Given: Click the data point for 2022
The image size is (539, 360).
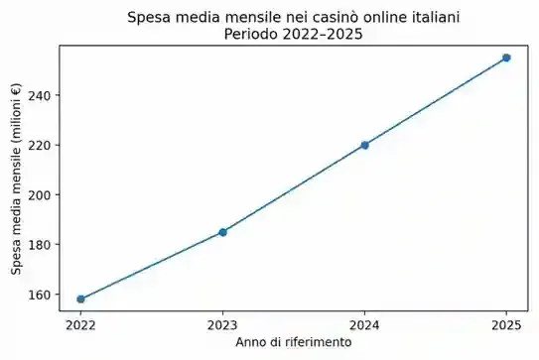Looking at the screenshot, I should tap(80, 299).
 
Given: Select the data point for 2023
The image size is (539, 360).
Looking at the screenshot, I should tap(222, 232).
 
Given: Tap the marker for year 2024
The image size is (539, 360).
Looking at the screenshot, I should tap(364, 145).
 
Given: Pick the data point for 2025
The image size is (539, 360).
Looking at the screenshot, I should tap(506, 58).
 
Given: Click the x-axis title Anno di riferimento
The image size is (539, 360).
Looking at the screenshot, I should tap(293, 342).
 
